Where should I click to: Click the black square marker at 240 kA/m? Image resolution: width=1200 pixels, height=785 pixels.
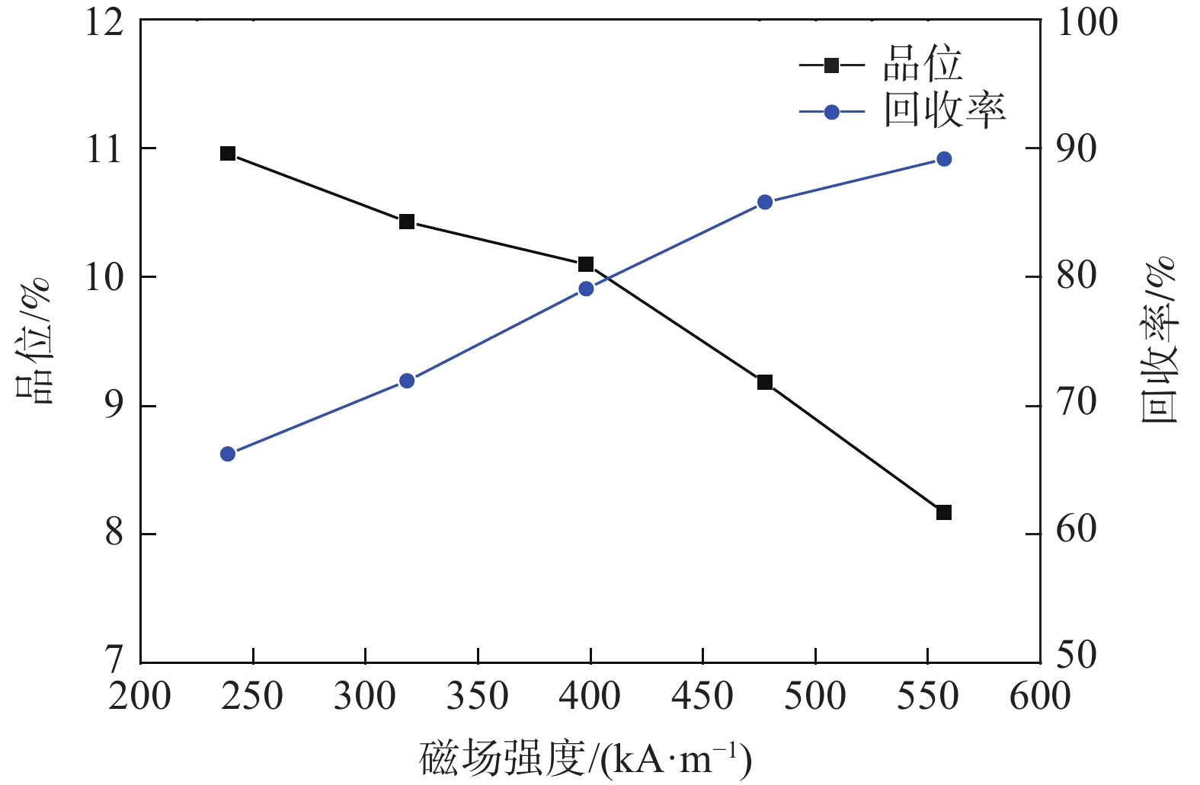(x=228, y=154)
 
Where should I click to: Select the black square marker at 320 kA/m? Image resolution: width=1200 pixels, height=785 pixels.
(x=407, y=222)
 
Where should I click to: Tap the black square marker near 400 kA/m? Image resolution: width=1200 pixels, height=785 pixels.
(x=586, y=264)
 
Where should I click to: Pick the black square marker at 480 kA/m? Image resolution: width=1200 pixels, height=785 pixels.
(x=765, y=382)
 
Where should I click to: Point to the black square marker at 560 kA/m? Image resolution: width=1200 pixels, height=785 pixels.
(x=944, y=512)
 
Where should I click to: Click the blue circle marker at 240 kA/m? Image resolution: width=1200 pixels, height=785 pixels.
(x=228, y=454)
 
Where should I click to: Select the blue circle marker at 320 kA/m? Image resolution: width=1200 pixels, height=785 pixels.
(x=407, y=381)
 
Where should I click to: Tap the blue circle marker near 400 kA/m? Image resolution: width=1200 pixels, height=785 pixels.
(x=586, y=289)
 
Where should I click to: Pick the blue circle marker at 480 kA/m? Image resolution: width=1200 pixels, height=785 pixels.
(x=765, y=202)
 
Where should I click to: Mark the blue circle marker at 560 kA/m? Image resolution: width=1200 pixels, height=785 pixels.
(x=944, y=159)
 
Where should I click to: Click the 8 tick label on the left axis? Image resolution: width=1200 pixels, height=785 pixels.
(x=114, y=534)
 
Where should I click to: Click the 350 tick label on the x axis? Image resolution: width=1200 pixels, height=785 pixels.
(x=478, y=695)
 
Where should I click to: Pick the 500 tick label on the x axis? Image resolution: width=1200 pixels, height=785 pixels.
(x=815, y=695)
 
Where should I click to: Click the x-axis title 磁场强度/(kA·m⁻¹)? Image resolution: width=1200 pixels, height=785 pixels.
(x=585, y=758)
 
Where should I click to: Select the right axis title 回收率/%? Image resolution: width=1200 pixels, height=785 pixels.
(x=1158, y=339)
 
